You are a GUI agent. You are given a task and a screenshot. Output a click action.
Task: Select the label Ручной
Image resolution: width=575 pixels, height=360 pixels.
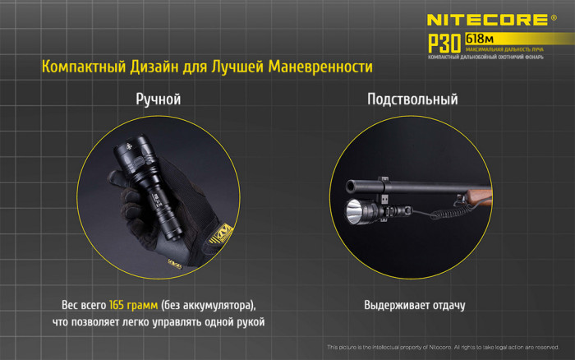point(158,99)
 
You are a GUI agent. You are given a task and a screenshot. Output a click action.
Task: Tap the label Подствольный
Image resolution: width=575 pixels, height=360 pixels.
point(412,99)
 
